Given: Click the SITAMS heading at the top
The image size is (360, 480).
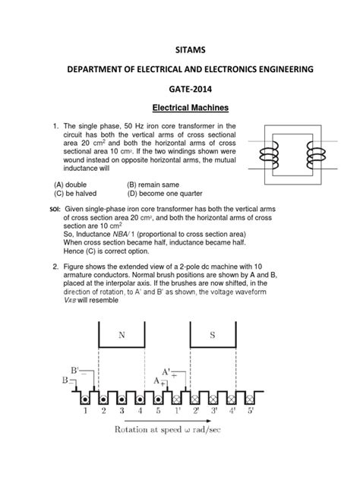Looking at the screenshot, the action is pos(190,50).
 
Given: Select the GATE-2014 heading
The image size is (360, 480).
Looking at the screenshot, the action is pos(190,89).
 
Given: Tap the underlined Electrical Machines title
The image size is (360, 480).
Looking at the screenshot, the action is pos(191,108).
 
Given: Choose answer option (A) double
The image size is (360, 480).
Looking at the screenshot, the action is pos(71,185).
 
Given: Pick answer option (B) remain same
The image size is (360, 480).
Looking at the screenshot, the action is pos(153,185).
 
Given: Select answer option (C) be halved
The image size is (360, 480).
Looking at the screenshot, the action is pos(75,194).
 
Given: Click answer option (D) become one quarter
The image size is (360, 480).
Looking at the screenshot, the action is pos(165,194).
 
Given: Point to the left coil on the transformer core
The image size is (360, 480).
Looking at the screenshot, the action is pos(269,156).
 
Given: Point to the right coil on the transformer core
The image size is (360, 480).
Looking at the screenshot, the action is pos(316,156).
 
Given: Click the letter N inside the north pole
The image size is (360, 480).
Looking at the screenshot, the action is pos(122,335).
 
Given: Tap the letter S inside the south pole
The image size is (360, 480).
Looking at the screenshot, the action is pos(213,335).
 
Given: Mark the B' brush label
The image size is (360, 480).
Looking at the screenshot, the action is pos(74,371).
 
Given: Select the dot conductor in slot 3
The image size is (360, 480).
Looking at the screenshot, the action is pos(122,399).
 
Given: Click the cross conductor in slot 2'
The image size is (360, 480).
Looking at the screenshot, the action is pos(195,399).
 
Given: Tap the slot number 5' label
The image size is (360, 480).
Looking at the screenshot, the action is pos(251,411).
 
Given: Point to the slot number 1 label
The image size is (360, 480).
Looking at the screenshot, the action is pos(85,411).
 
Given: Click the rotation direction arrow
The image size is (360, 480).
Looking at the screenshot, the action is pos(168,421).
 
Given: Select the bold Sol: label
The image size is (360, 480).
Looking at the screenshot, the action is pos(55,210).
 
